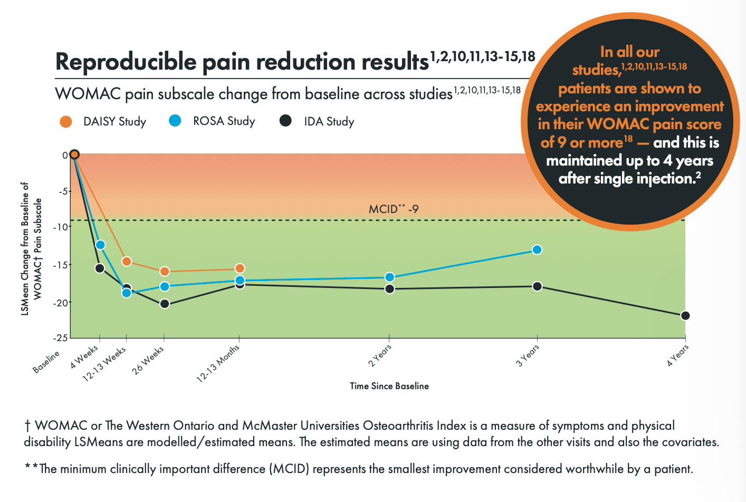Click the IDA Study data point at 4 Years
click(x=685, y=316)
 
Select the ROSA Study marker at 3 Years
click(x=537, y=249)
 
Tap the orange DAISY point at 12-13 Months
click(x=240, y=268)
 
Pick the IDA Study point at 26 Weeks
click(x=164, y=304)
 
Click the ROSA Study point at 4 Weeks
click(x=100, y=245)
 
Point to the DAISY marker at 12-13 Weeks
click(x=127, y=262)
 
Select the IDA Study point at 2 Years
click(x=389, y=289)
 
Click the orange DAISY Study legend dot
click(x=66, y=122)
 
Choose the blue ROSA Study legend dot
click(x=175, y=121)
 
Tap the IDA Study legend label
click(x=329, y=122)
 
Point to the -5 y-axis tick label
click(x=62, y=191)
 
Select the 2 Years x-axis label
click(x=380, y=356)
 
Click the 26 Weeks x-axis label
click(x=148, y=361)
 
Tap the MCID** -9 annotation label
click(x=394, y=209)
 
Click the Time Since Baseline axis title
click(x=389, y=386)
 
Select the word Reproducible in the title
click(x=126, y=62)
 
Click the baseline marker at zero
click(x=74, y=155)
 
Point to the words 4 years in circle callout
click(x=688, y=160)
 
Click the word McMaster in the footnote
click(x=267, y=426)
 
